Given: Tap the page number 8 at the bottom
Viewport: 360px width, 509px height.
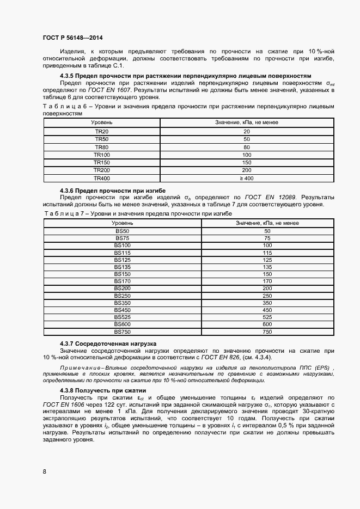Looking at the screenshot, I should [44, 471].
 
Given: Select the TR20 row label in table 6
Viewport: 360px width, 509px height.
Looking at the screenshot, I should [102, 132].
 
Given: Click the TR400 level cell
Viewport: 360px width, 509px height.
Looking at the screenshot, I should [102, 178].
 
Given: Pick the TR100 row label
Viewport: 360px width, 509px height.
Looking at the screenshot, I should [102, 155].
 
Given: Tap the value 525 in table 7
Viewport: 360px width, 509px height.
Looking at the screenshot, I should [267, 317].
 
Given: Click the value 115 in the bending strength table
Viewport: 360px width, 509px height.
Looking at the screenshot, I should [267, 253].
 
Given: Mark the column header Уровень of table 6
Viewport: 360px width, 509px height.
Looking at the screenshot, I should [102, 123].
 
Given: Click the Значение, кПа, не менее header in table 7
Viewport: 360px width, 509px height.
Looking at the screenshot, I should [267, 223].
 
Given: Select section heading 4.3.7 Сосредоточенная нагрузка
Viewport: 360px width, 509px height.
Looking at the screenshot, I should [108, 344].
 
